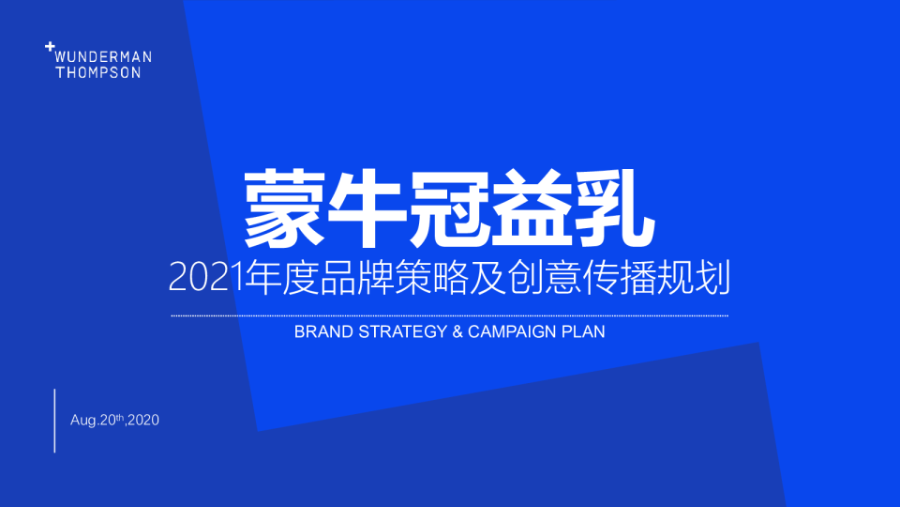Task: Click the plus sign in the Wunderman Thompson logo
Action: pos(50,47)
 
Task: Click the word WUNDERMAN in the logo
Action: pos(103,57)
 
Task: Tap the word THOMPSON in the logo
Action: pos(98,72)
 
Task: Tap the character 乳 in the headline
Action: pos(614,208)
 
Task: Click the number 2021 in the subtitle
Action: pos(206,278)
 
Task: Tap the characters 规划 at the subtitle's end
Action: pos(694,278)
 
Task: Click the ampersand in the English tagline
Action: pos(457,331)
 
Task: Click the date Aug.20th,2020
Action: pos(114,421)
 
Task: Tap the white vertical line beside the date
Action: pos(55,421)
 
